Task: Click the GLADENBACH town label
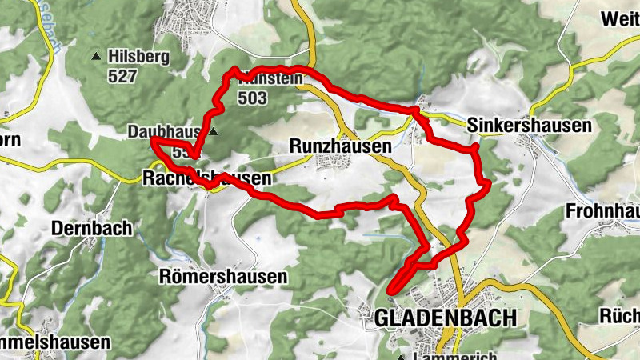[445, 318]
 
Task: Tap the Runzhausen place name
[340, 147]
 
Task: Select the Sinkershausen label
[529, 126]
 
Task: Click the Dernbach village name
[91, 228]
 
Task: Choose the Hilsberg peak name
[142, 57]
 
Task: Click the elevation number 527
[126, 77]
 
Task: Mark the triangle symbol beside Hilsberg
[97, 57]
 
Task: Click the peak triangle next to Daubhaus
[214, 131]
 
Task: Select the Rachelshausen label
[206, 178]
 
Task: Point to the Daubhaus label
[165, 131]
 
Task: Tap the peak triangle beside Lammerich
[401, 357]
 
